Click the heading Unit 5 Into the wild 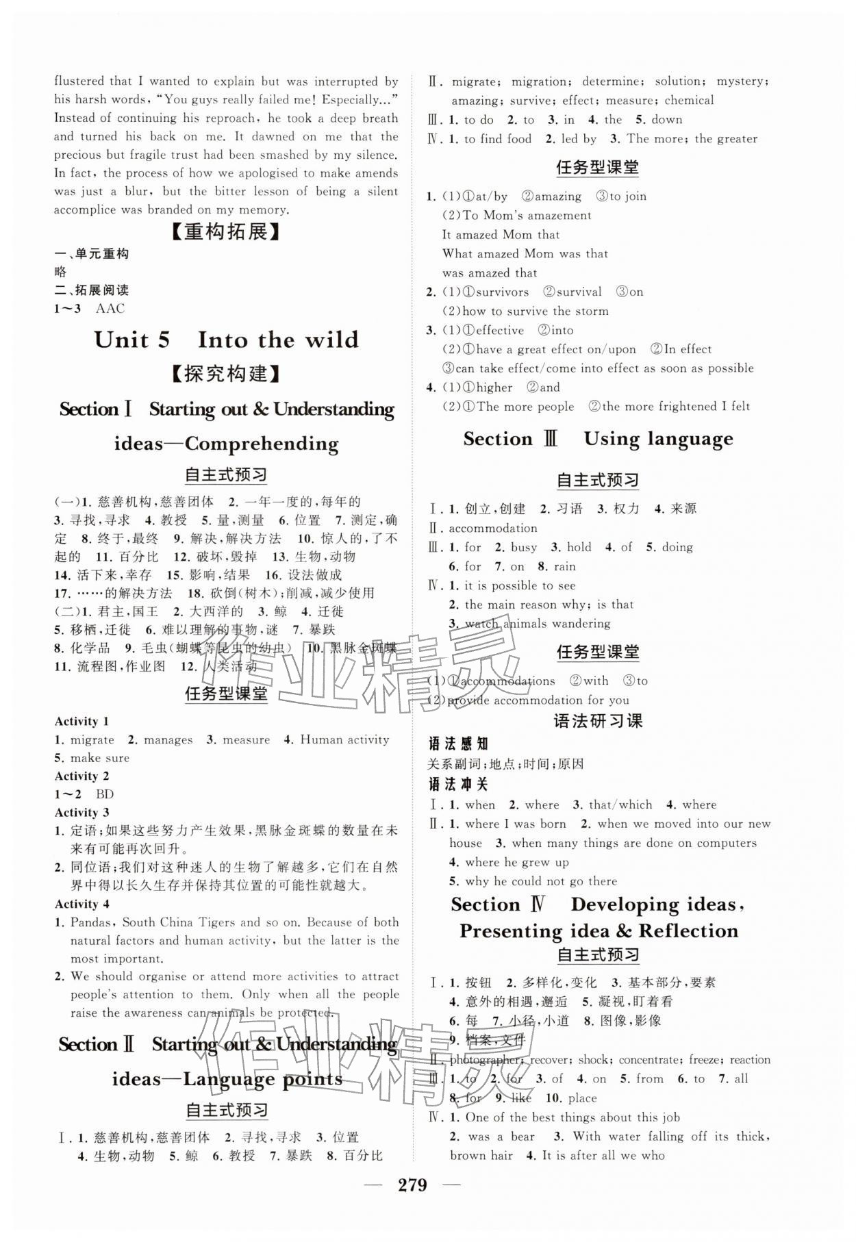pos(226,340)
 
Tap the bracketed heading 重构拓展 pos(225,232)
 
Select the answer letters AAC pos(110,308)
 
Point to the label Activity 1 pos(81,721)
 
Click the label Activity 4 pos(81,904)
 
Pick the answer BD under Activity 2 pos(105,794)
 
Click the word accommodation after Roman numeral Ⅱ pos(493,528)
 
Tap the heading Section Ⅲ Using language pos(598,439)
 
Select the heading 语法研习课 pos(598,720)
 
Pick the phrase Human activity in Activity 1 pos(344,739)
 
